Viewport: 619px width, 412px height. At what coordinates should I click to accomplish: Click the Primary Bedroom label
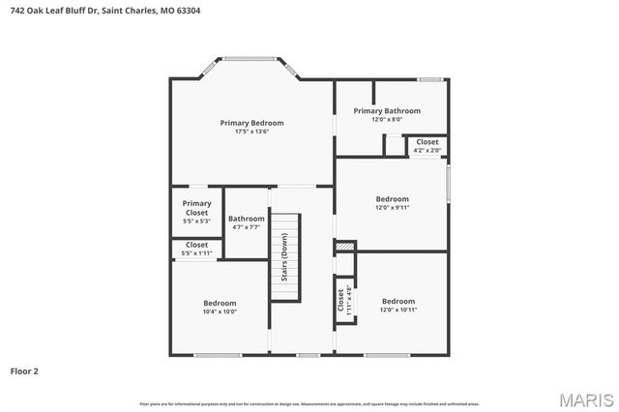coord(251,123)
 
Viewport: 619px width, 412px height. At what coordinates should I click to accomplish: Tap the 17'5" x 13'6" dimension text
coord(251,132)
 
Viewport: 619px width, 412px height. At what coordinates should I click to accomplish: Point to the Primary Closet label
coord(196,208)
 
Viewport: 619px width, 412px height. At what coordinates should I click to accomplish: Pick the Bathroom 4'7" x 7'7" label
coord(246,219)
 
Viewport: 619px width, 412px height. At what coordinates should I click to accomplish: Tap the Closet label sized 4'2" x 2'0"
coord(427,142)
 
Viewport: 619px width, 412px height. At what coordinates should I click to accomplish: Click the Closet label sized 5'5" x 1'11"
coord(196,246)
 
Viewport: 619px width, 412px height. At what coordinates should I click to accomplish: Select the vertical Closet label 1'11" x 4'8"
coord(341,300)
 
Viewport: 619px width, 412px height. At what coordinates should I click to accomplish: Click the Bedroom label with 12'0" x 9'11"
coord(393,199)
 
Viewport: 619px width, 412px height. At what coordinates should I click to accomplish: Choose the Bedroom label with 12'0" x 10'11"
coord(398,301)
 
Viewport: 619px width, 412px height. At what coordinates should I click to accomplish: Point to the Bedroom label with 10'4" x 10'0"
coord(220,303)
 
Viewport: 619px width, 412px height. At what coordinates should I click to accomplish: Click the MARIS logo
coord(585,398)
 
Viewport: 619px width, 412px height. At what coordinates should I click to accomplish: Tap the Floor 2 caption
coord(25,370)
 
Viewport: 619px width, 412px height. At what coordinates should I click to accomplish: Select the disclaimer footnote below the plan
coord(309,402)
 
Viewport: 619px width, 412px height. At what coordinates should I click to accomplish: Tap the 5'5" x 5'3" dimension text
coord(196,221)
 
